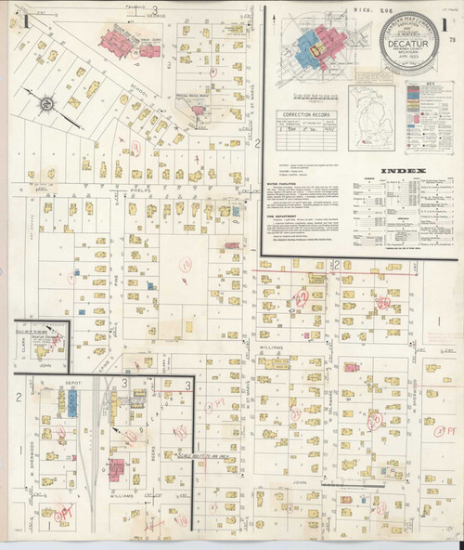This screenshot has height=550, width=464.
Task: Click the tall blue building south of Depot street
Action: pos(71,401)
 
